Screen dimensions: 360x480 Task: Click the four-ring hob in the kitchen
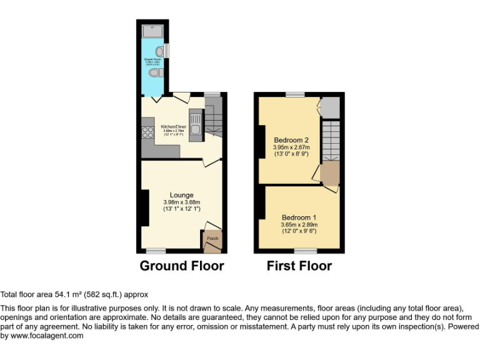pyautogui.click(x=149, y=132)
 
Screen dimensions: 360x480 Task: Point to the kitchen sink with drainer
pyautogui.click(x=194, y=122)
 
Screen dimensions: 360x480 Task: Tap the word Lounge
pyautogui.click(x=181, y=195)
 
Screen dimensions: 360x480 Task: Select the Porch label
pyautogui.click(x=212, y=238)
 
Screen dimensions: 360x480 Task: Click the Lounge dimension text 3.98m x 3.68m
pyautogui.click(x=181, y=202)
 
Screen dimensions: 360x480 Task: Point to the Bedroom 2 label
pyautogui.click(x=291, y=140)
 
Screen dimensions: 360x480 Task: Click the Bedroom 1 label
pyautogui.click(x=299, y=217)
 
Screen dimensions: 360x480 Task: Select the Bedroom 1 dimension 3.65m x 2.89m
pyautogui.click(x=299, y=224)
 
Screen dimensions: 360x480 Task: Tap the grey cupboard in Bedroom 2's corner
pyautogui.click(x=330, y=107)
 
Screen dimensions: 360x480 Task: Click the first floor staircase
pyautogui.click(x=330, y=141)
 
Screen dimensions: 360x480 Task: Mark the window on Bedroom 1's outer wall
pyautogui.click(x=305, y=251)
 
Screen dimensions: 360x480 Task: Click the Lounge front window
pyautogui.click(x=156, y=251)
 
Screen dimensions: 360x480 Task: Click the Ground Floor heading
pyautogui.click(x=181, y=266)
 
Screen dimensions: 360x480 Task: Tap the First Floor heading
pyautogui.click(x=299, y=266)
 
